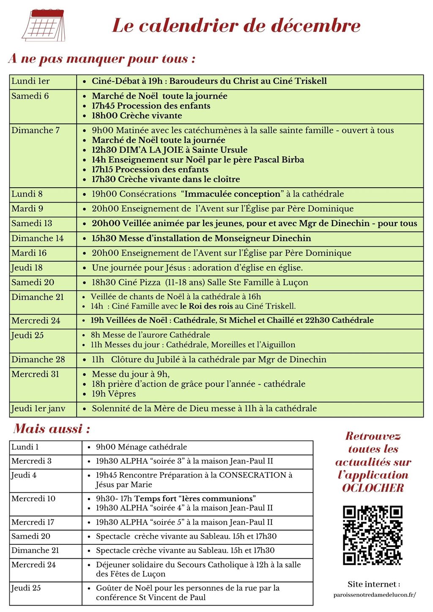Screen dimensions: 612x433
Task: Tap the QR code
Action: (373, 535)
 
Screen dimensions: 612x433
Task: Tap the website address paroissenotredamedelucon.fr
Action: (374, 595)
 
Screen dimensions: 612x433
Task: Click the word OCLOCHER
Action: (373, 488)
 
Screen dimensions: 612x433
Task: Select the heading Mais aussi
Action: (52, 429)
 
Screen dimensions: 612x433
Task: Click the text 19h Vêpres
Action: (114, 394)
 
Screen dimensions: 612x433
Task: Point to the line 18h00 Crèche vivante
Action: (137, 116)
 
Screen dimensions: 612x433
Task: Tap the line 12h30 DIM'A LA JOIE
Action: (169, 150)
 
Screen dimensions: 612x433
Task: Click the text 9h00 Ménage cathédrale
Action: (141, 447)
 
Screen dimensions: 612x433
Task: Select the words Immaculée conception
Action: (232, 194)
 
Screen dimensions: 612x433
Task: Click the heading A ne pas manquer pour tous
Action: (101, 58)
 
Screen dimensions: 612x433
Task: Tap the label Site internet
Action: (374, 585)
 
